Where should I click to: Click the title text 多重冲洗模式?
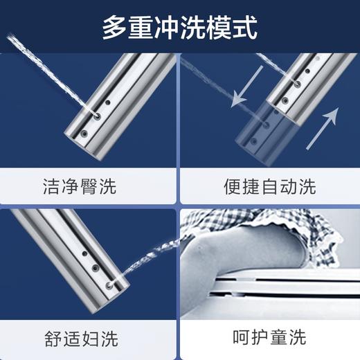[180, 28]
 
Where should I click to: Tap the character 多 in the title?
[115, 28]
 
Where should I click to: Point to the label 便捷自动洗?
[270, 186]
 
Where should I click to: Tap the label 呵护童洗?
[270, 339]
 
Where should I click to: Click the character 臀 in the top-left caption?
[99, 186]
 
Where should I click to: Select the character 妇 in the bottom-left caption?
[99, 339]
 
